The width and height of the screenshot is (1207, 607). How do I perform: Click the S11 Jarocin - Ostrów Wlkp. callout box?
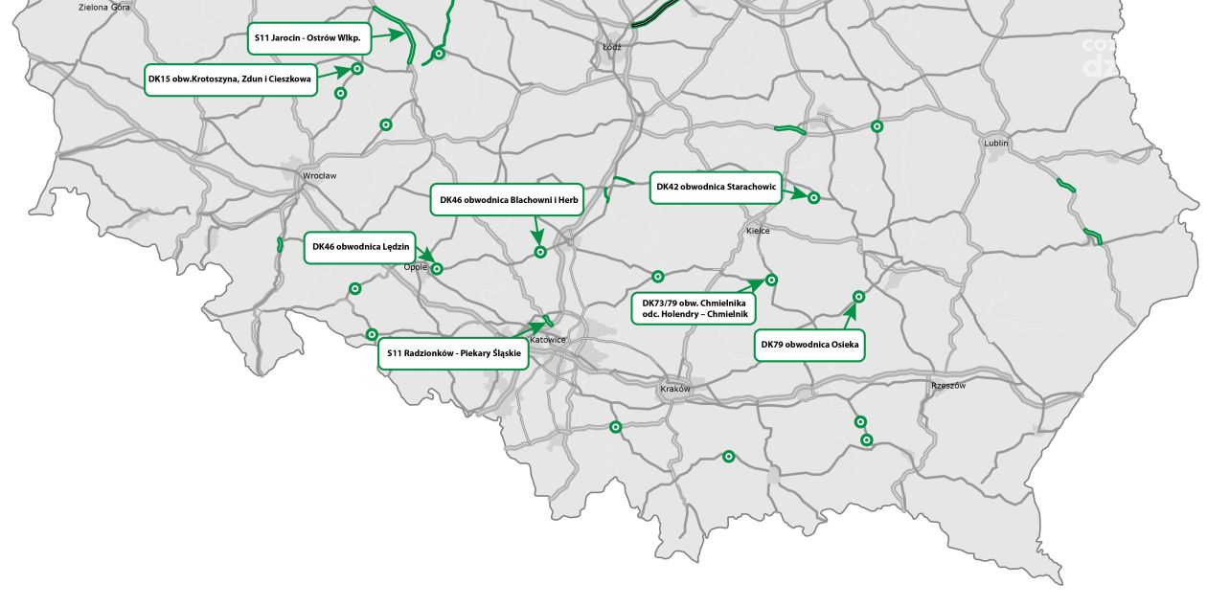pos(307,38)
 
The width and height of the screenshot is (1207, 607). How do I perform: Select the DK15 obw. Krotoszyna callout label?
pos(230,80)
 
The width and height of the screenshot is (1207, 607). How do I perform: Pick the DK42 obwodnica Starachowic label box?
pos(716,187)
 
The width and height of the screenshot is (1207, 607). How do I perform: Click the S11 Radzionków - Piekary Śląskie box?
pos(453,353)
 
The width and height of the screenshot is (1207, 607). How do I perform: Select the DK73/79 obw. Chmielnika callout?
pos(695,308)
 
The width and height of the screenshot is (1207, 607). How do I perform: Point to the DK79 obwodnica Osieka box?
pos(809,345)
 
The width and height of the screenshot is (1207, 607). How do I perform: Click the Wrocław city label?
pos(319,176)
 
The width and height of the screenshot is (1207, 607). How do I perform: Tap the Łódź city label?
pos(612,46)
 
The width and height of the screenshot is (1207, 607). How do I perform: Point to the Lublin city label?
pos(996,144)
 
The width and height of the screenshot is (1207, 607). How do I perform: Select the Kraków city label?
pos(675,389)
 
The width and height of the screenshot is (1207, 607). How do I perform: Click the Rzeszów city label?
pos(948,386)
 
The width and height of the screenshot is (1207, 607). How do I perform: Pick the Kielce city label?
pos(758,231)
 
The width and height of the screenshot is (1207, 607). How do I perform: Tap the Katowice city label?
pos(549,340)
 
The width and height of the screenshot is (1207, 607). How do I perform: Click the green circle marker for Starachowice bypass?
pos(813,197)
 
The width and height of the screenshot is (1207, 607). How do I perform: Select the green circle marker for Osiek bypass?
pos(858,297)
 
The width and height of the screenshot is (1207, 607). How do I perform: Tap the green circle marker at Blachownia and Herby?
pos(540,252)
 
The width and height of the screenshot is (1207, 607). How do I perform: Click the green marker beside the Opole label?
pos(437,269)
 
